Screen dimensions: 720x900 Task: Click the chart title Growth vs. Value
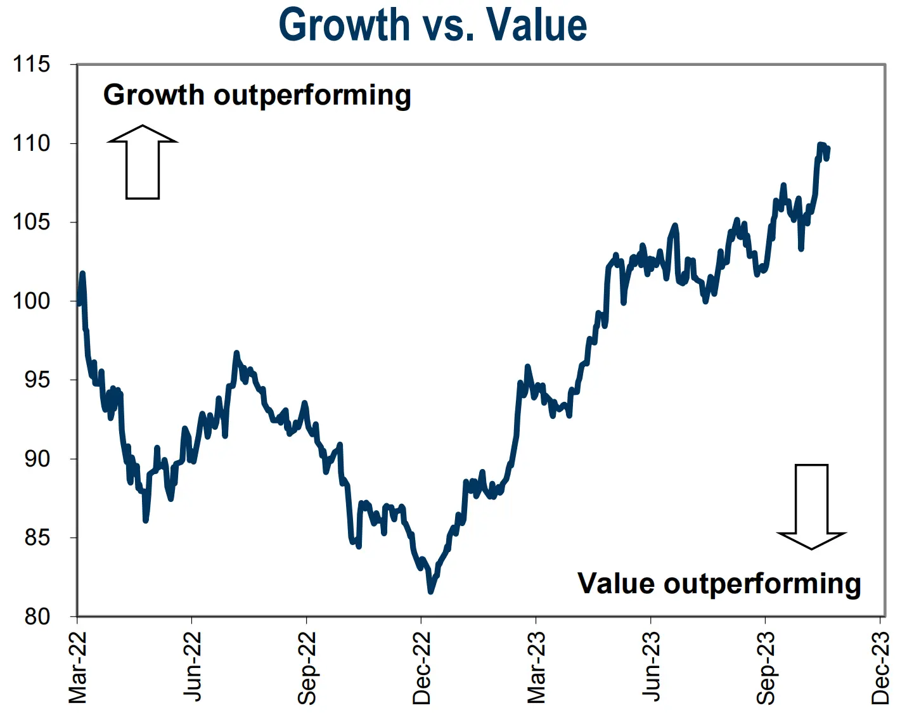[x=433, y=25]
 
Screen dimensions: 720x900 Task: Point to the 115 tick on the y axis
[x=31, y=64]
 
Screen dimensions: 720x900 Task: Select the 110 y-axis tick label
[x=31, y=143]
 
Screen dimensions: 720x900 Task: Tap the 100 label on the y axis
[x=31, y=300]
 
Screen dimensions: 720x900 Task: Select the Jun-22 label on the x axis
[x=192, y=667]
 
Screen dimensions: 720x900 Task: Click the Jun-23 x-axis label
[x=651, y=667]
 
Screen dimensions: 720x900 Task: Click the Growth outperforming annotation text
[x=257, y=96]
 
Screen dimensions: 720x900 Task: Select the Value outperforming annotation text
[x=719, y=584]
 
